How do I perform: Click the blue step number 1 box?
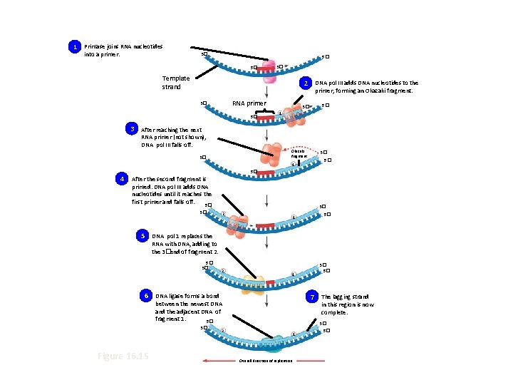tap(74, 47)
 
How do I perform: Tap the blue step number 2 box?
tap(305, 84)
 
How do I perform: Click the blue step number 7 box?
tap(311, 296)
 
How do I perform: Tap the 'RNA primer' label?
tap(249, 103)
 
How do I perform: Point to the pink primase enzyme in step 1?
tap(267, 68)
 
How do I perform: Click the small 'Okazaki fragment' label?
tap(298, 153)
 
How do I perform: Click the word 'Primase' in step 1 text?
tap(96, 47)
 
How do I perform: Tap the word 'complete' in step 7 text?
tap(334, 312)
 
